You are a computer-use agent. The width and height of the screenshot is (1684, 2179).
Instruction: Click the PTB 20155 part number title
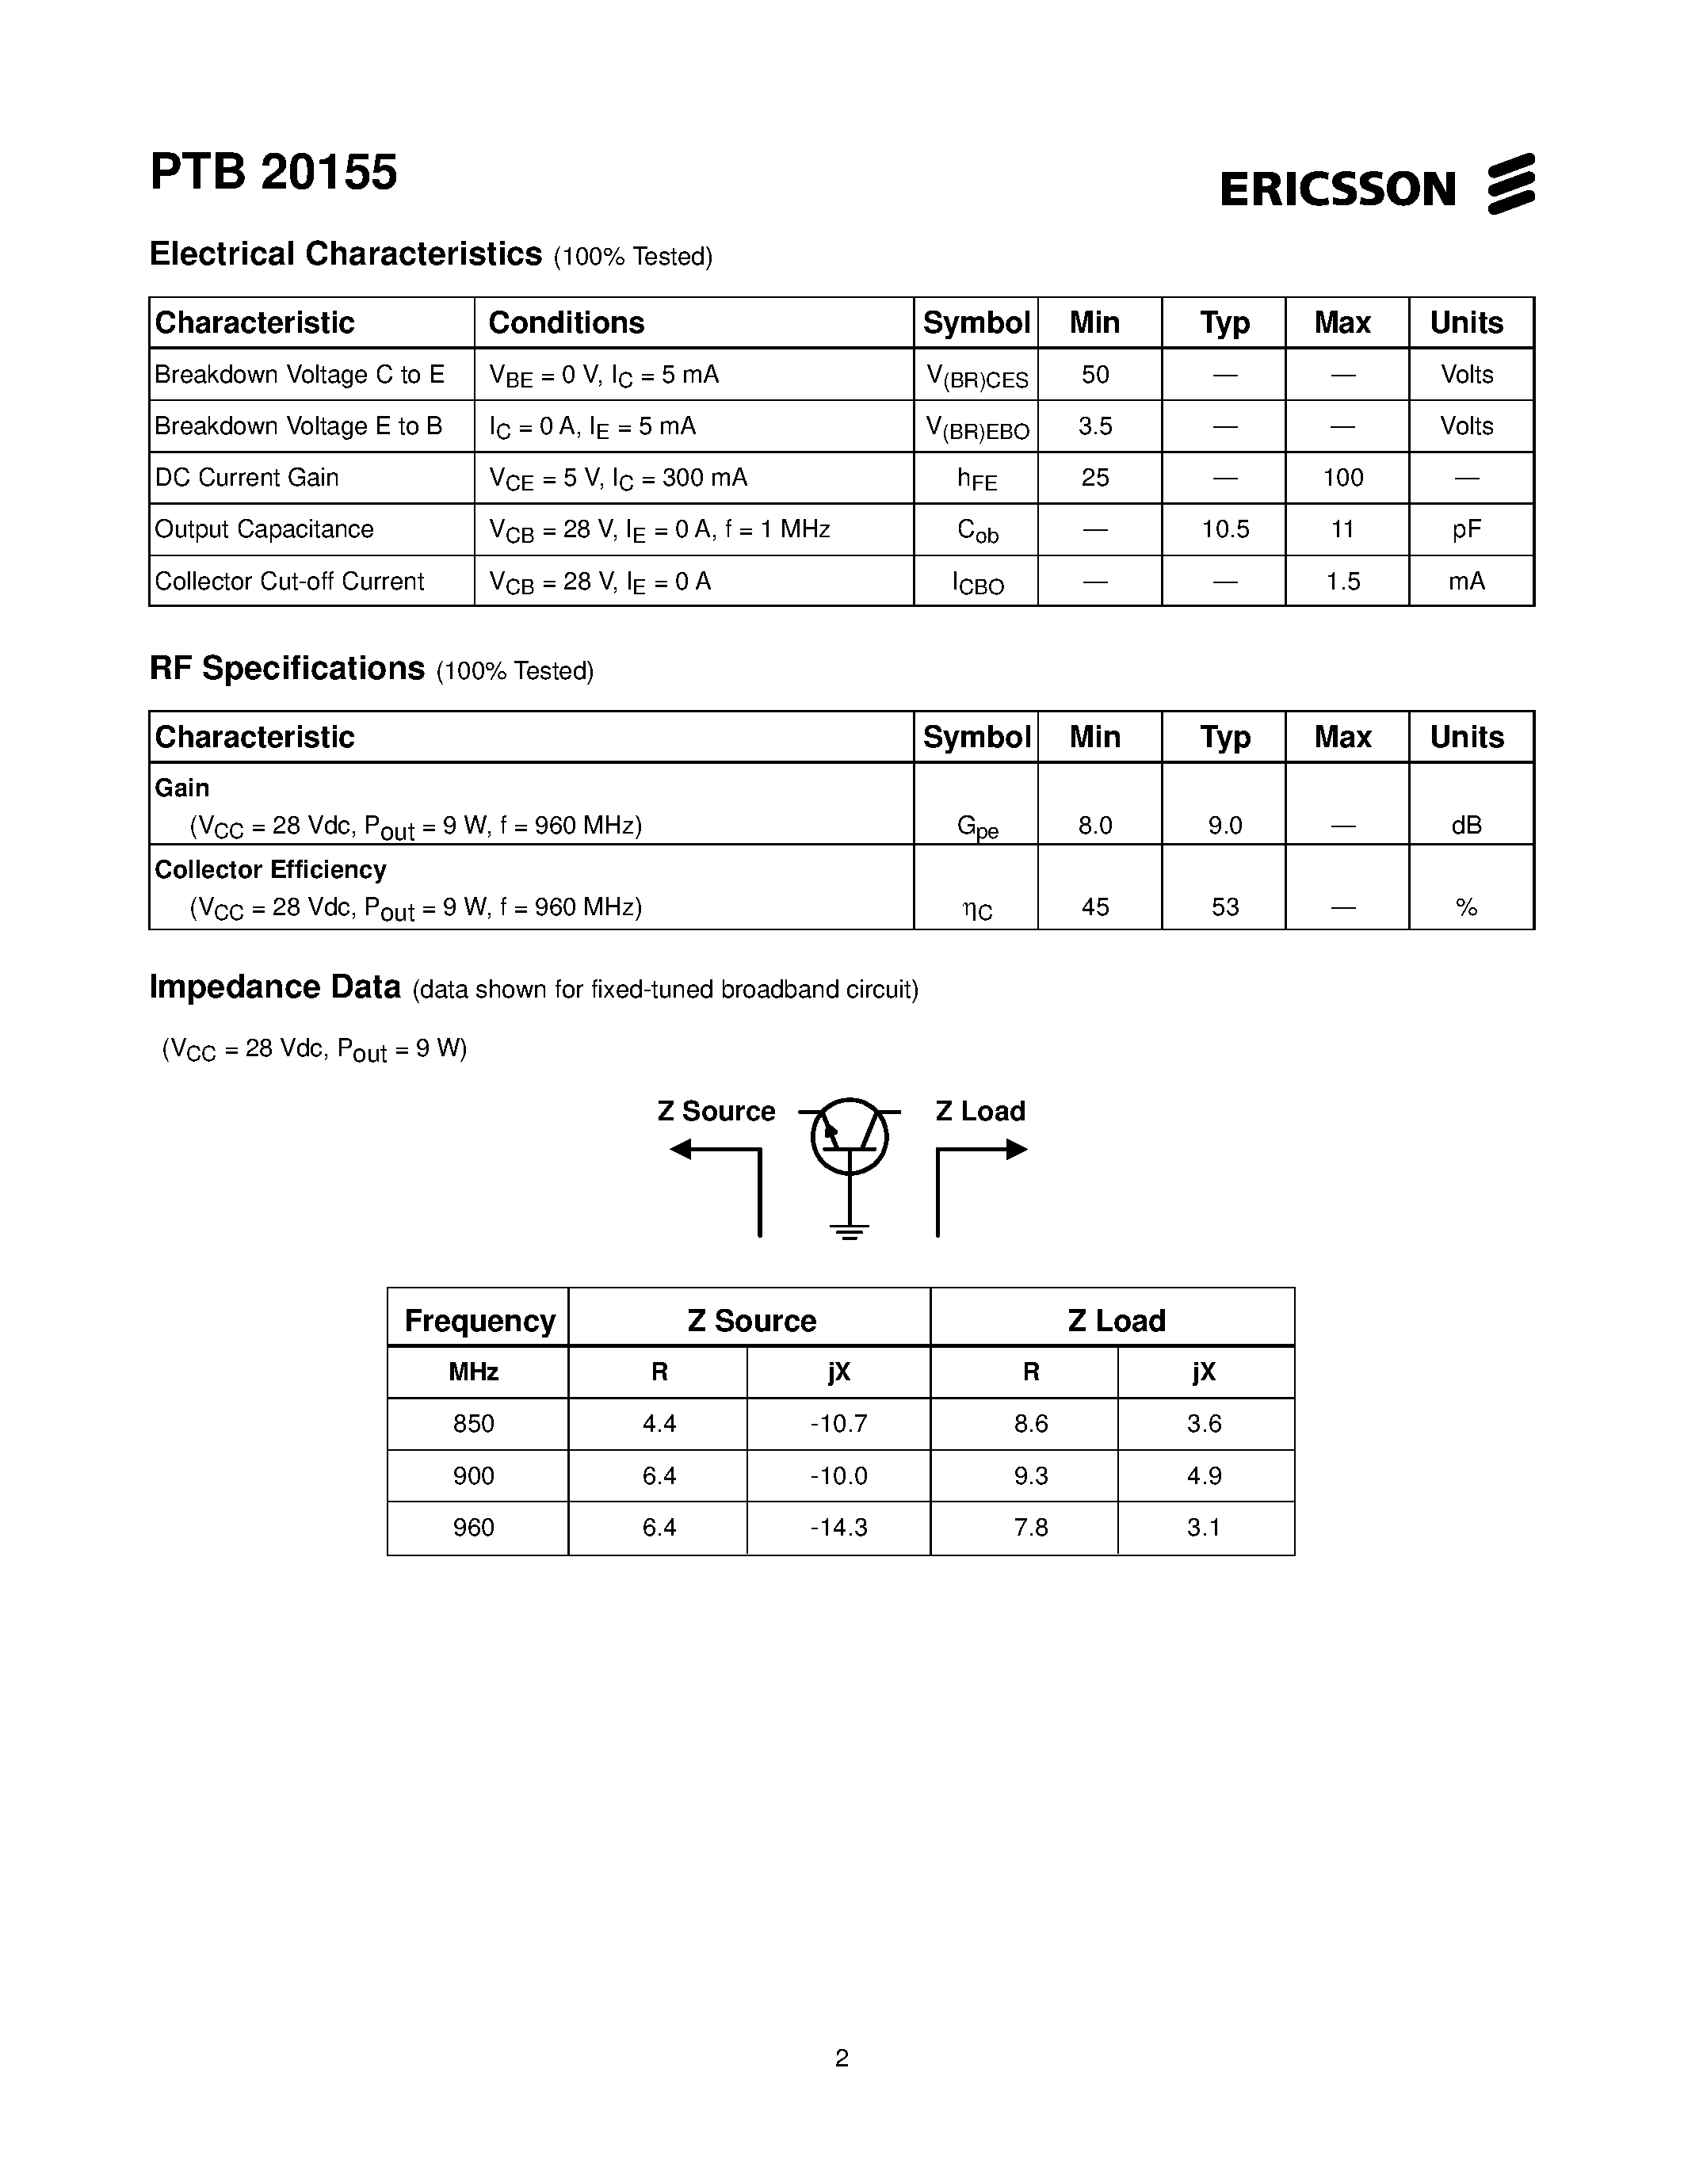coord(273,173)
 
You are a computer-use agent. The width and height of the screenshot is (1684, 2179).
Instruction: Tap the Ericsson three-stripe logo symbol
coord(1510,184)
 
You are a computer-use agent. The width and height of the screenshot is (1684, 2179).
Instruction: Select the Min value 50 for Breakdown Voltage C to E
coord(1094,375)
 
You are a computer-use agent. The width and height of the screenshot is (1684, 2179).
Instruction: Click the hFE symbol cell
coord(976,479)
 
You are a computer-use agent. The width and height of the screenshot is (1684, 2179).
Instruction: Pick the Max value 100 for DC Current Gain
coord(1342,478)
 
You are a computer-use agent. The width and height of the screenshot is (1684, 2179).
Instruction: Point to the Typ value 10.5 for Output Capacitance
coord(1225,530)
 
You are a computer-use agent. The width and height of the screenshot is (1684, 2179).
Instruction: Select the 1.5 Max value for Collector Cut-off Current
coord(1342,582)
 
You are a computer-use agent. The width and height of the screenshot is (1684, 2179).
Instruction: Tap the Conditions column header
coord(567,323)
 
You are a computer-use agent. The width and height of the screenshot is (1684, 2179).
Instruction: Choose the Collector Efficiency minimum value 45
coord(1094,908)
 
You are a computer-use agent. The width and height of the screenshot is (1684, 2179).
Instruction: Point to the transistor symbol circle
coord(849,1135)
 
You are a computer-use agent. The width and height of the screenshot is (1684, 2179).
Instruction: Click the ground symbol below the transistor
coord(849,1231)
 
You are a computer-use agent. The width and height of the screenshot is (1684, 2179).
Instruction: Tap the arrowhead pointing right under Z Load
coord(1017,1151)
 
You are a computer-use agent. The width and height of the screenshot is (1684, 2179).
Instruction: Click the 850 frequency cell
coord(473,1425)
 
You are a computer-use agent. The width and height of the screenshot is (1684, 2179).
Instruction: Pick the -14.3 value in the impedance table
coord(838,1528)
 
